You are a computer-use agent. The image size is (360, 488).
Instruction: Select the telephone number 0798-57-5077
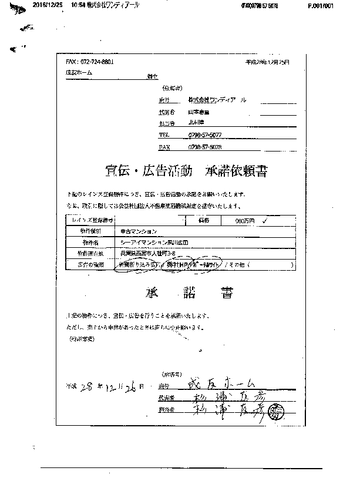205,134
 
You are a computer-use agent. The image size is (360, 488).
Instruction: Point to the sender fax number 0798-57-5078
205,147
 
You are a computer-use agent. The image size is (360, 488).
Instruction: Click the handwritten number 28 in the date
88,386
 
